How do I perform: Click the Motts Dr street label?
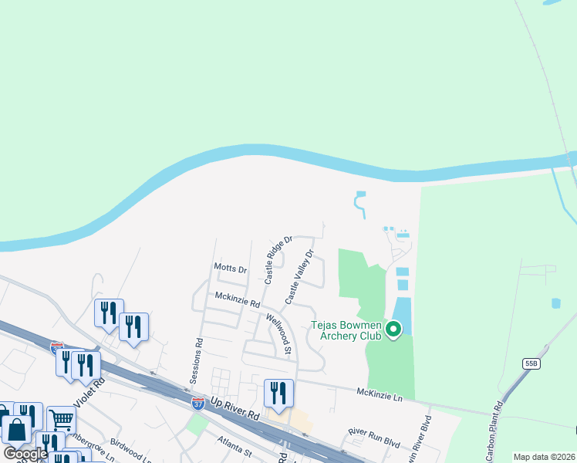coord(231,269)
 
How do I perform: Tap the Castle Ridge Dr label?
coord(278,261)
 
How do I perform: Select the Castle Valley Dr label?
coord(300,276)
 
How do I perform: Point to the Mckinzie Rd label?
coord(237,299)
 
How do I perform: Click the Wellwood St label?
coord(278,333)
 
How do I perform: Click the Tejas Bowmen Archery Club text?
coord(346,330)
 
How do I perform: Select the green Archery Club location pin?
coord(393,330)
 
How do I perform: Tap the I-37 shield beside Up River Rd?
coord(198,402)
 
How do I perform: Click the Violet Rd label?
coord(87,394)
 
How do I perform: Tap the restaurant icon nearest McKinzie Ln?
coord(278,393)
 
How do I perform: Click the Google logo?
coord(25,453)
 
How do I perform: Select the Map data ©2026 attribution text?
coord(543,457)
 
